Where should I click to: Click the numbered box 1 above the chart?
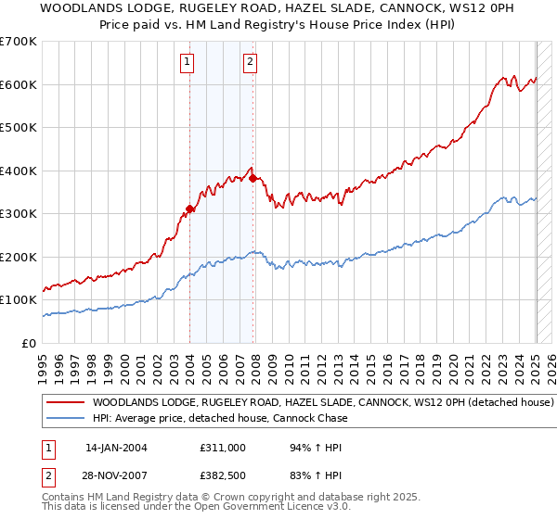pyautogui.click(x=188, y=62)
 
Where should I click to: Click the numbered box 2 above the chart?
pyautogui.click(x=251, y=62)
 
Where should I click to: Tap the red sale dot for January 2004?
pyautogui.click(x=189, y=209)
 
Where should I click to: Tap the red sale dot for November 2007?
pyautogui.click(x=253, y=178)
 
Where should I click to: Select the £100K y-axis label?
pyautogui.click(x=19, y=300)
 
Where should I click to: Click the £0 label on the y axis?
pyautogui.click(x=30, y=344)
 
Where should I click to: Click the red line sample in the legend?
pyautogui.click(x=65, y=403)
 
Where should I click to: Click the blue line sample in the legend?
pyautogui.click(x=65, y=418)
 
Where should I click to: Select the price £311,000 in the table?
pyautogui.click(x=223, y=447)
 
